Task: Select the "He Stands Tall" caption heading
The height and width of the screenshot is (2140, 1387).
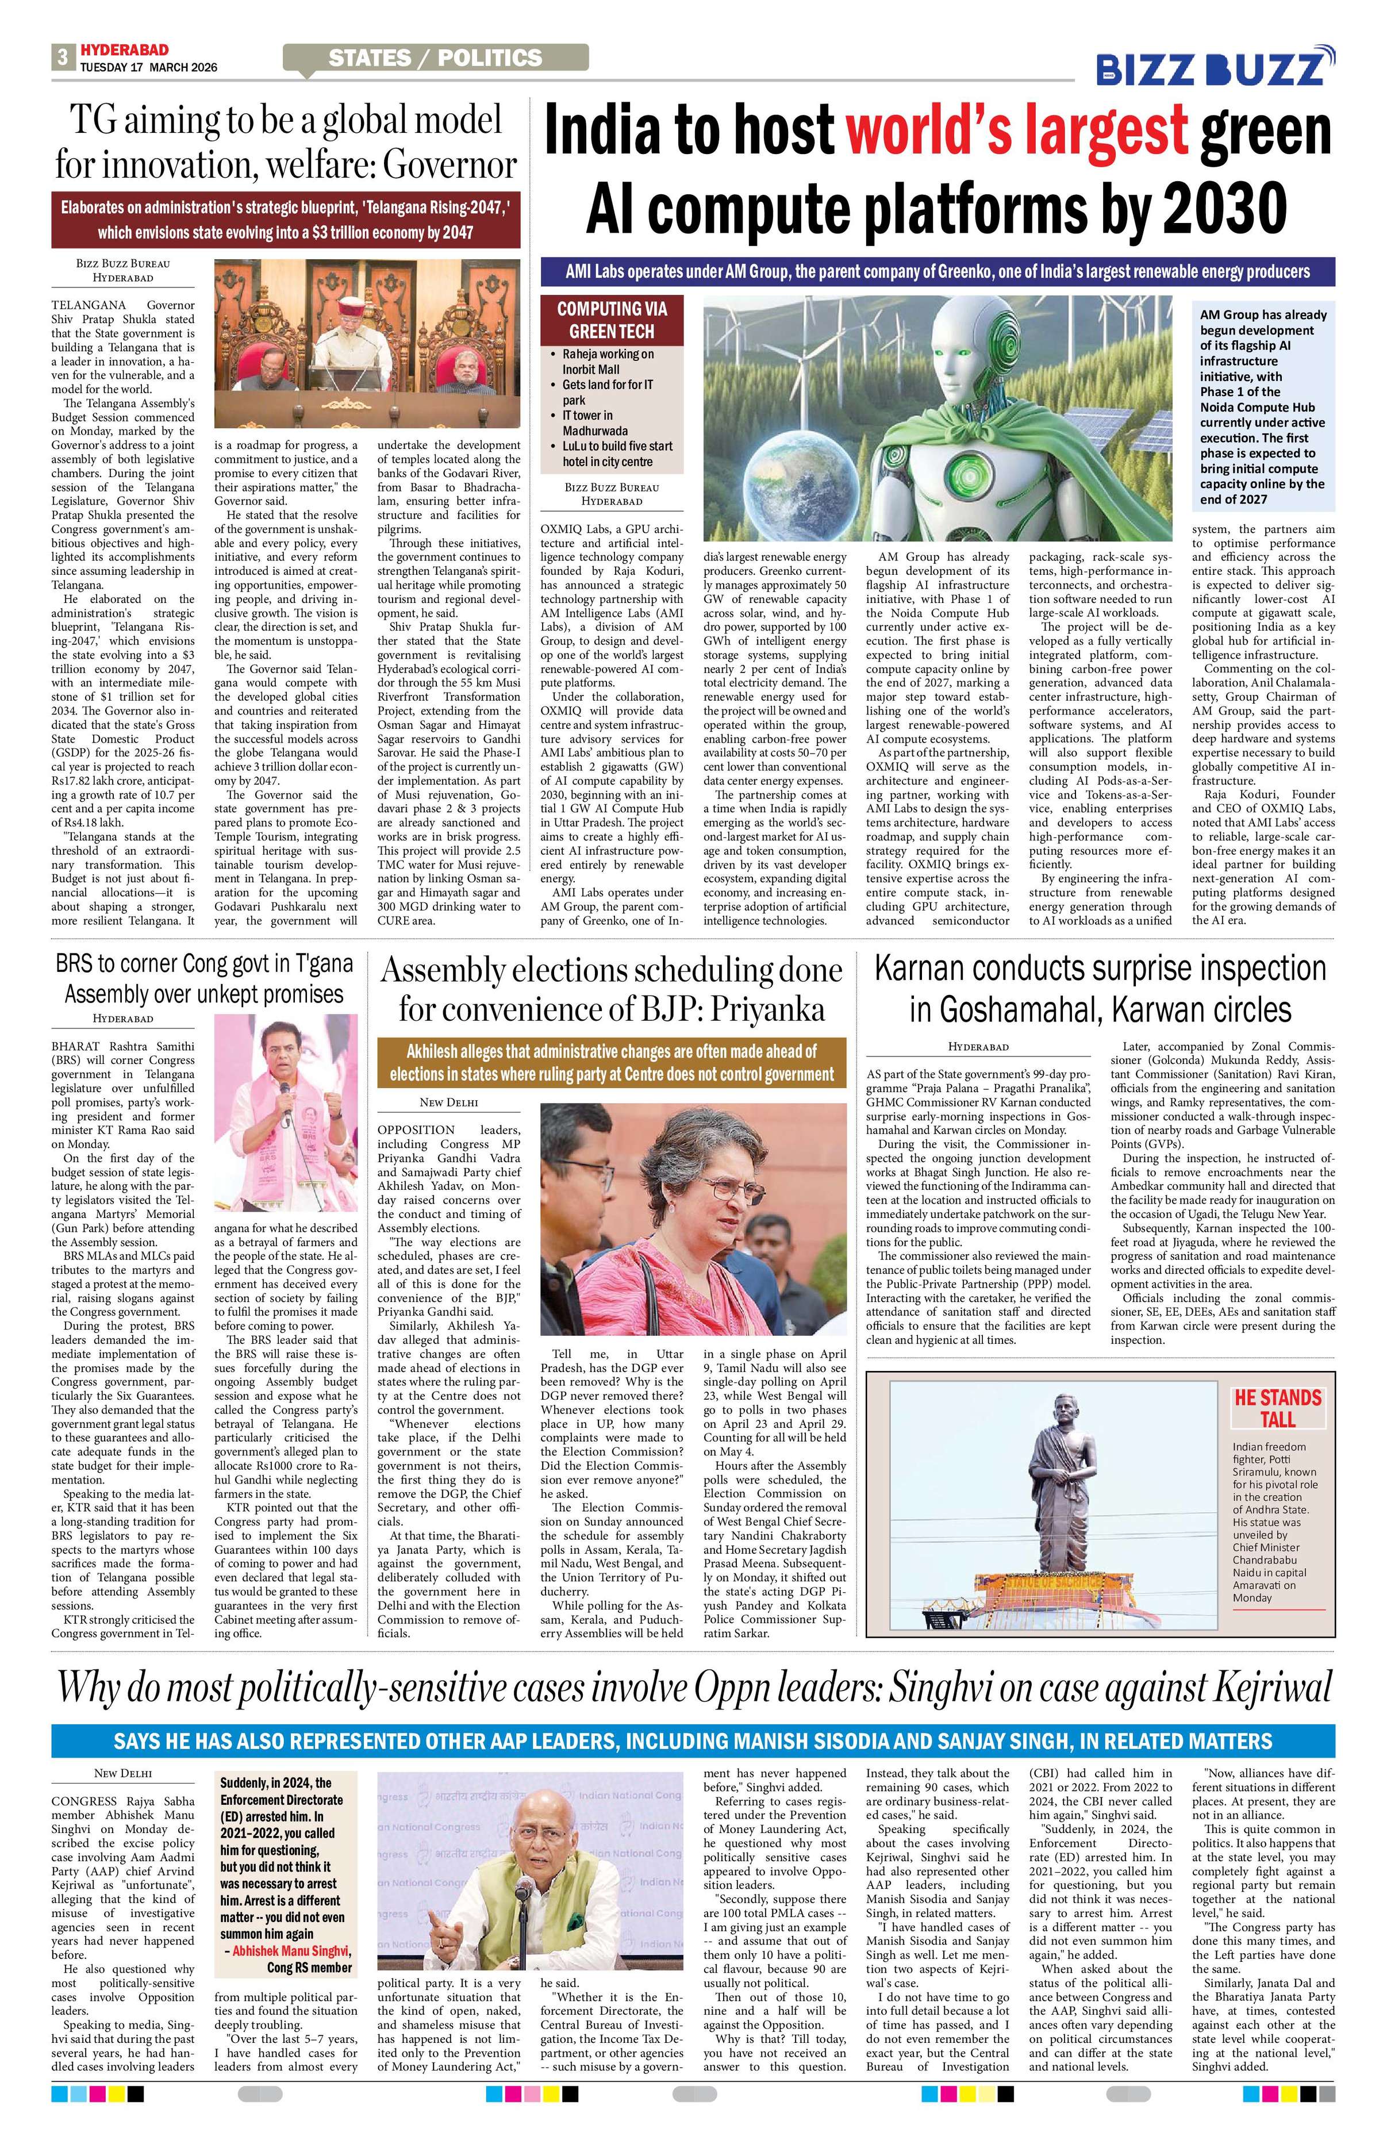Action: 1277,1408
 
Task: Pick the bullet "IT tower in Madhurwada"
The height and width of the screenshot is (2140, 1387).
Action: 595,422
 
